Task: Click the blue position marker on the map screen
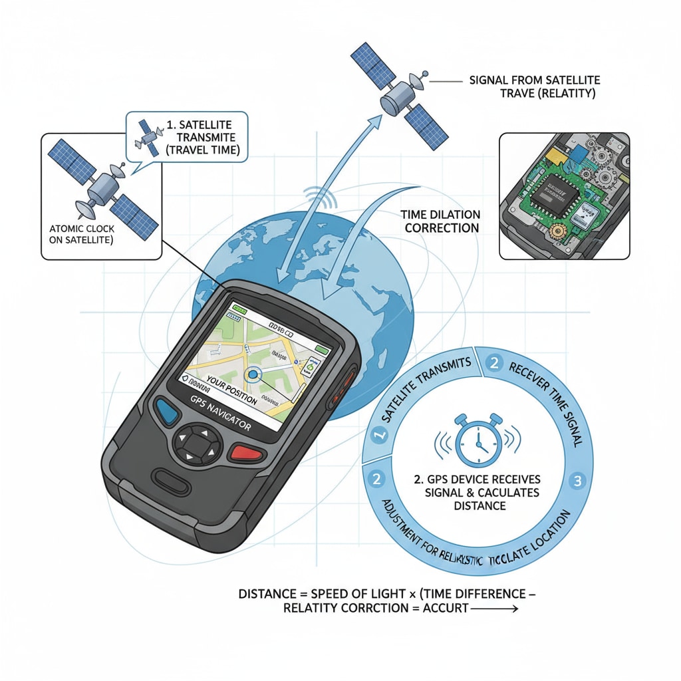tap(253, 375)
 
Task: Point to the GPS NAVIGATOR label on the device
tap(219, 415)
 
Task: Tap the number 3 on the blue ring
tap(577, 480)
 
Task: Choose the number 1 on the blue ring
tap(380, 436)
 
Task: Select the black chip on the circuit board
tap(556, 191)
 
